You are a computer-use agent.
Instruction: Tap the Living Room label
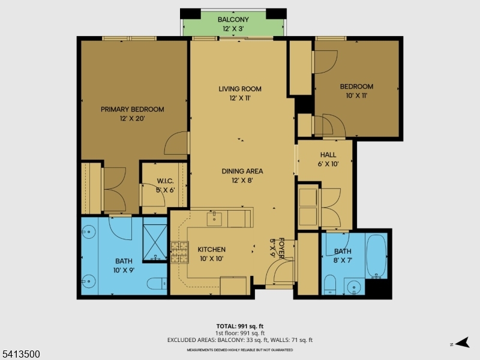[x=239, y=93]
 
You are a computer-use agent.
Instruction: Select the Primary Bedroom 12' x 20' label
[x=132, y=113]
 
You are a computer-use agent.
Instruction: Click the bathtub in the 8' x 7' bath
[x=377, y=257]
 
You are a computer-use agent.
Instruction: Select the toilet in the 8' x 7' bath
[x=330, y=283]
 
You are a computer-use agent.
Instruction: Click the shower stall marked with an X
[x=155, y=239]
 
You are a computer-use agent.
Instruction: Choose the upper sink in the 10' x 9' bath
[x=90, y=230]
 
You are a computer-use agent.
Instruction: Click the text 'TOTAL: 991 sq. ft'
[x=239, y=326]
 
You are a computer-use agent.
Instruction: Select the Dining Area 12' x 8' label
[x=242, y=175]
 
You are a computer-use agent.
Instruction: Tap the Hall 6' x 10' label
[x=328, y=159]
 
